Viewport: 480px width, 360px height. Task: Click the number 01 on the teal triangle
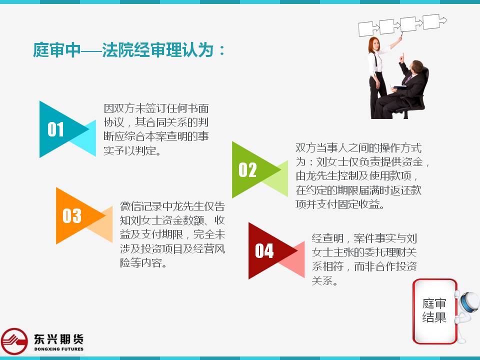(55, 129)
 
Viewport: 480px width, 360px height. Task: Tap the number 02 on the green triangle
(247, 170)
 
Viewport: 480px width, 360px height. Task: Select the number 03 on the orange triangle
(72, 215)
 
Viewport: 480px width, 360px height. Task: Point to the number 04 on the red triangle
(264, 250)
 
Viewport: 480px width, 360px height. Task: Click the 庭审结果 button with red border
(434, 310)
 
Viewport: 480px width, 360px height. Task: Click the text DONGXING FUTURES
(59, 349)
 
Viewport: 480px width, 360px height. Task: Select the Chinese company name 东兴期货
(59, 339)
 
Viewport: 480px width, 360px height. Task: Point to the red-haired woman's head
(374, 44)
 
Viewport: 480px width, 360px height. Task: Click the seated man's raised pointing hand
(402, 57)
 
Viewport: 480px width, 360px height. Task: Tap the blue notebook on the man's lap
(400, 87)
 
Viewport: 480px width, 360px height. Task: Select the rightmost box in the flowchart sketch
(431, 21)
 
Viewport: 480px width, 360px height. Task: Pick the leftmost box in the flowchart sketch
(366, 29)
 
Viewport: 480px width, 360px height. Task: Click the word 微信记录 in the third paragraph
(141, 206)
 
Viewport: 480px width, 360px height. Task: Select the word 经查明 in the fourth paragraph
(327, 238)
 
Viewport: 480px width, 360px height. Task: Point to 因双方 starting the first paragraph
(119, 108)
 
